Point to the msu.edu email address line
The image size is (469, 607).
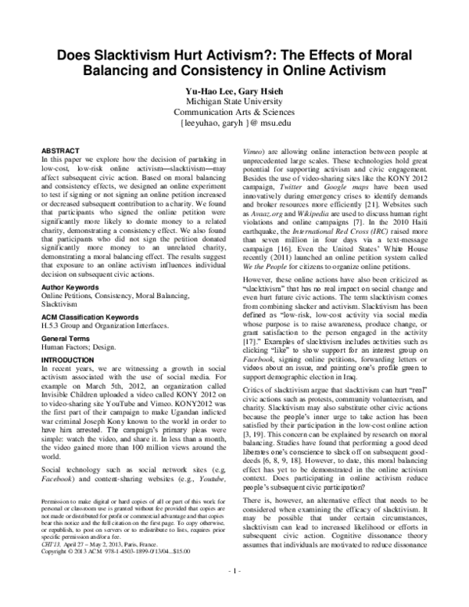click(x=234, y=123)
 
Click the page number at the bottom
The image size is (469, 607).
click(x=234, y=595)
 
